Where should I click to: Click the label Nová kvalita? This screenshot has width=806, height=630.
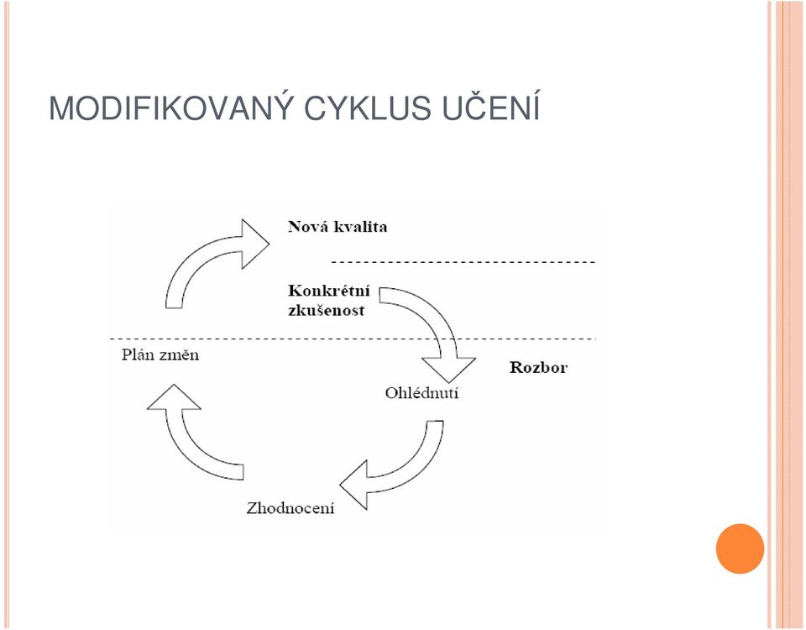338,227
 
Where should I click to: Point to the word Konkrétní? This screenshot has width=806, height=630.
329,291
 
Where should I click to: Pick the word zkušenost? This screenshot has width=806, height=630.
327,310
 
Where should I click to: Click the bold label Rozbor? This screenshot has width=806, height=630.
538,367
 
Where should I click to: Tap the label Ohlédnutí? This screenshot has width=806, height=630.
421,393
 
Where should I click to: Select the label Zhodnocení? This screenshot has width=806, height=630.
290,508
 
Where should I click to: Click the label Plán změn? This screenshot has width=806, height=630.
160,354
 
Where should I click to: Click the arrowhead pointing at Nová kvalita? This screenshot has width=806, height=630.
254,244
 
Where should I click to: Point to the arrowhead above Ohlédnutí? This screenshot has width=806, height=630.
448,370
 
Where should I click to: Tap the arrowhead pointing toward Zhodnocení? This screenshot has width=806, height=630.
353,485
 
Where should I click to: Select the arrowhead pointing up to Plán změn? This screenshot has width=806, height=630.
174,397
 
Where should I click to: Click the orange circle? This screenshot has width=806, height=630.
740,549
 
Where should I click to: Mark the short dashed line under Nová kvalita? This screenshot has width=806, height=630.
463,262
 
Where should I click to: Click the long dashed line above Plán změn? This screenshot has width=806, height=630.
353,339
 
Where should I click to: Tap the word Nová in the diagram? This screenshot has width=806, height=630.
308,227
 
